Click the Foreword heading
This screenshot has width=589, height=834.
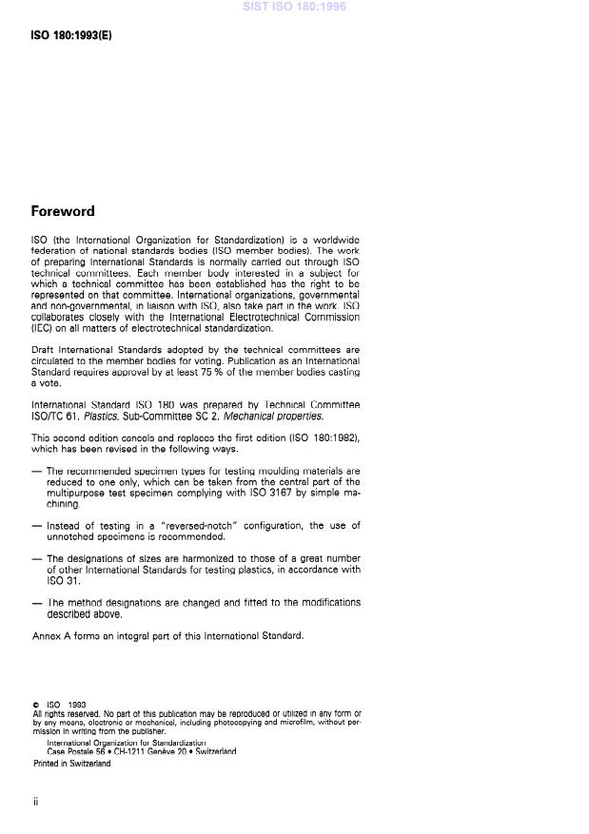tap(63, 211)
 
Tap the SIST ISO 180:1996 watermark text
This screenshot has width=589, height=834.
tap(294, 7)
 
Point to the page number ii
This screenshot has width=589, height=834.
tap(35, 801)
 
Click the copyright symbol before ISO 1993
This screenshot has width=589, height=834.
tap(35, 705)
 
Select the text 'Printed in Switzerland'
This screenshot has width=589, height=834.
tap(71, 763)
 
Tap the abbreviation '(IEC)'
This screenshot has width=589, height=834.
tap(44, 328)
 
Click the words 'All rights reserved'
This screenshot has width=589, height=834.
tap(64, 713)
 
